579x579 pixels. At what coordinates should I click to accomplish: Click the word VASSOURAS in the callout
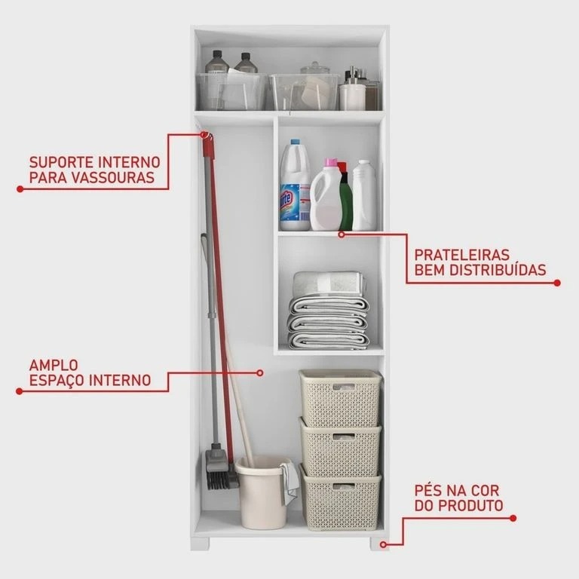click(x=112, y=178)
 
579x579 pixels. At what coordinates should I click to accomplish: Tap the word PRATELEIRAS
click(x=461, y=255)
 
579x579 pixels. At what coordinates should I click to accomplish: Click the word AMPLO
click(x=54, y=365)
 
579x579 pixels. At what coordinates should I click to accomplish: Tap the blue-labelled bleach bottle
click(x=295, y=185)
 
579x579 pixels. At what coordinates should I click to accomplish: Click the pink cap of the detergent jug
click(x=330, y=163)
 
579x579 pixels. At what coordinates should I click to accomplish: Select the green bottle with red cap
click(x=345, y=197)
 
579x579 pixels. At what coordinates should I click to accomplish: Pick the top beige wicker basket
click(x=340, y=397)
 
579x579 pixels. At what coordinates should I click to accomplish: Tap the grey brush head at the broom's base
click(x=219, y=468)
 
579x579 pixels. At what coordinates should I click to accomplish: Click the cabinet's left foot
click(x=200, y=544)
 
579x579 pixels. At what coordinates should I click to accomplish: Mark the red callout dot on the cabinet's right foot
click(x=383, y=544)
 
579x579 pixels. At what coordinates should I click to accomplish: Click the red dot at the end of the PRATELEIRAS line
click(x=557, y=283)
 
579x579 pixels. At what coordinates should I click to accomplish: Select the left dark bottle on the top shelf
click(x=217, y=62)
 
